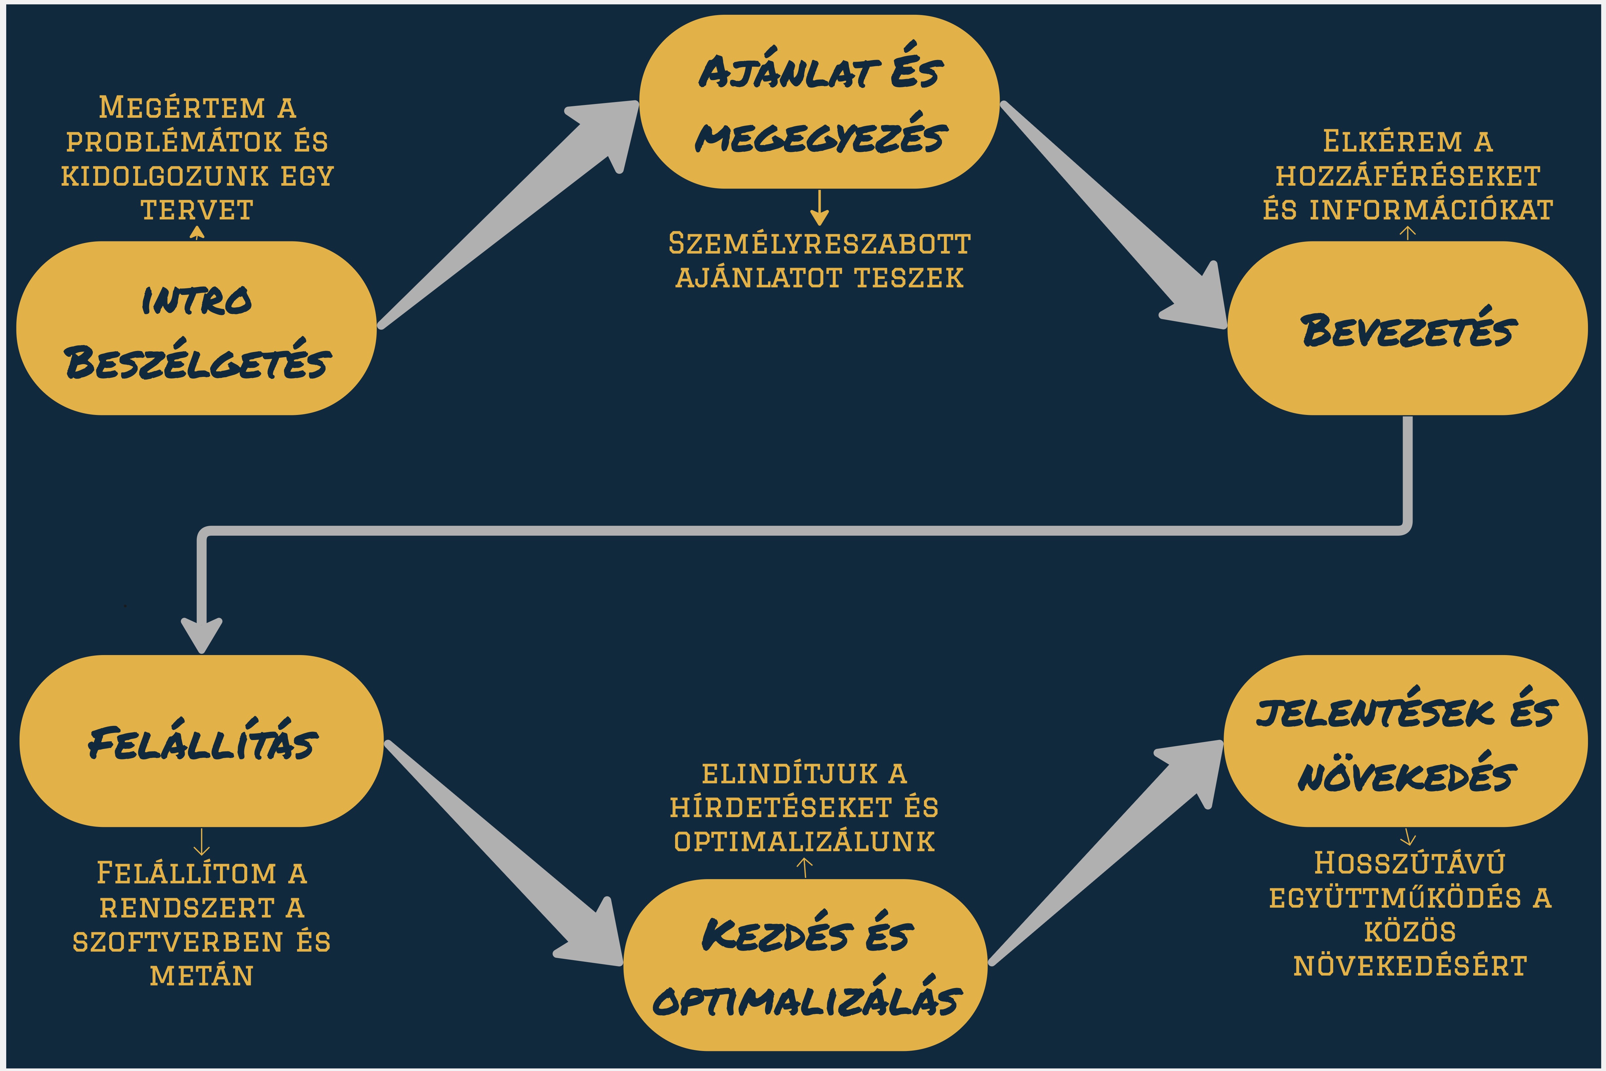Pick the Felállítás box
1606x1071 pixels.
pos(201,741)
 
